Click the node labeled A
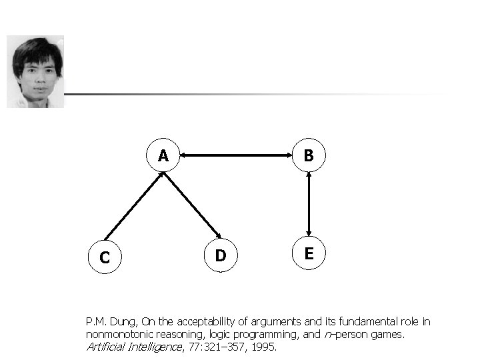[x=163, y=156]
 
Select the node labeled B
[x=309, y=156]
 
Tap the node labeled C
[x=105, y=256]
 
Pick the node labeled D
[x=220, y=255]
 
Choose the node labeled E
[x=309, y=253]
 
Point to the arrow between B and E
[x=309, y=205]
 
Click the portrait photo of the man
[x=35, y=71]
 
